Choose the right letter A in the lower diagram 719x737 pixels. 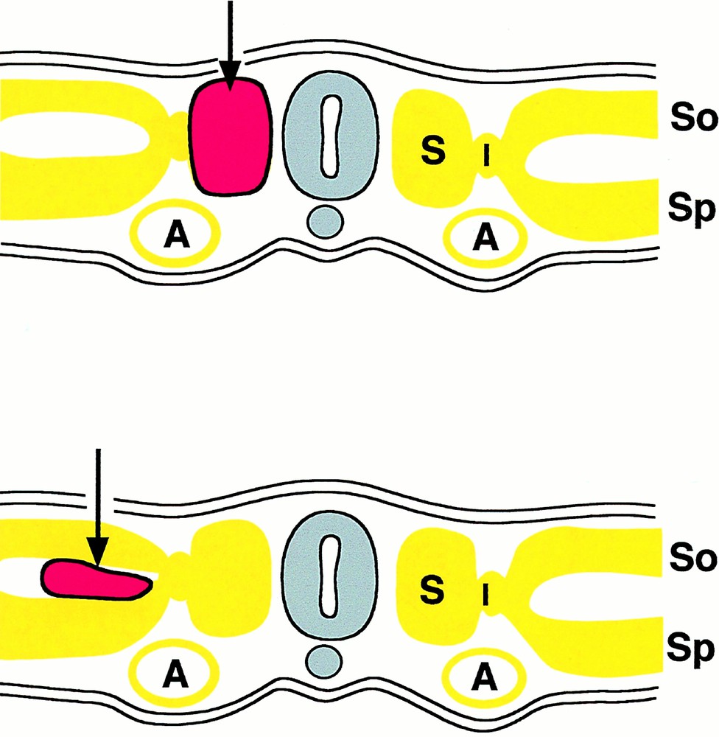click(484, 673)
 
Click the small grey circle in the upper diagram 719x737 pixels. click(323, 222)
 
